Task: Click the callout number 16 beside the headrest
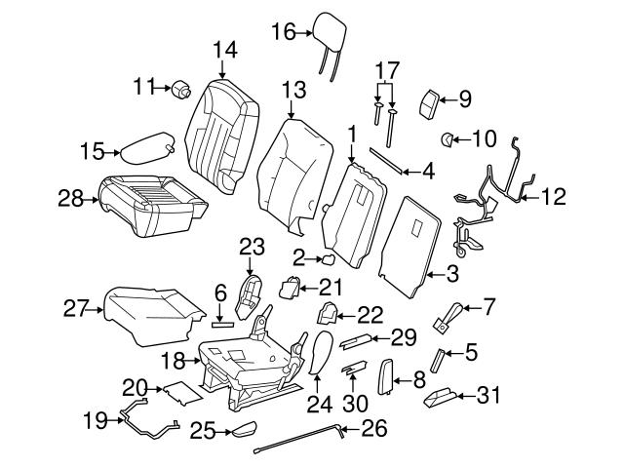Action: click(x=282, y=33)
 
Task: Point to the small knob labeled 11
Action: click(x=180, y=92)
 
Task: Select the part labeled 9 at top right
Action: click(x=430, y=99)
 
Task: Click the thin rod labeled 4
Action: click(x=389, y=161)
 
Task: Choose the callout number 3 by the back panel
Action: click(x=452, y=275)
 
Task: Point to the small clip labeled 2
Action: click(x=330, y=260)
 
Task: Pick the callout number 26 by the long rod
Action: click(x=373, y=427)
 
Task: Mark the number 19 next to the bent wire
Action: click(x=95, y=421)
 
